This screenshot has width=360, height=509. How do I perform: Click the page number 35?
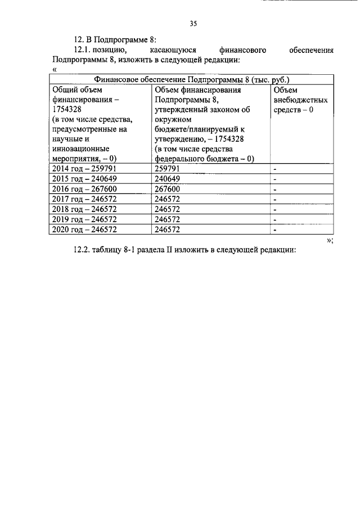(x=193, y=24)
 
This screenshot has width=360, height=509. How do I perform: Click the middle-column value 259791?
(x=167, y=168)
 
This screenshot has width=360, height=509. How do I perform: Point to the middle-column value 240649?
(x=167, y=178)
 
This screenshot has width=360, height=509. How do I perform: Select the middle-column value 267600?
(x=167, y=188)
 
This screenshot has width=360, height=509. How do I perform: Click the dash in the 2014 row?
(x=276, y=169)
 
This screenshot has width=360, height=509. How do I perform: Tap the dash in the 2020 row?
(x=276, y=230)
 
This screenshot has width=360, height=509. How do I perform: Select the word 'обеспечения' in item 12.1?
(x=312, y=49)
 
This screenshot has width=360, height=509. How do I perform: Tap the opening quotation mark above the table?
(x=54, y=69)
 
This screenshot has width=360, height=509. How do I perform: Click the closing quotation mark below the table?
(x=330, y=240)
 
